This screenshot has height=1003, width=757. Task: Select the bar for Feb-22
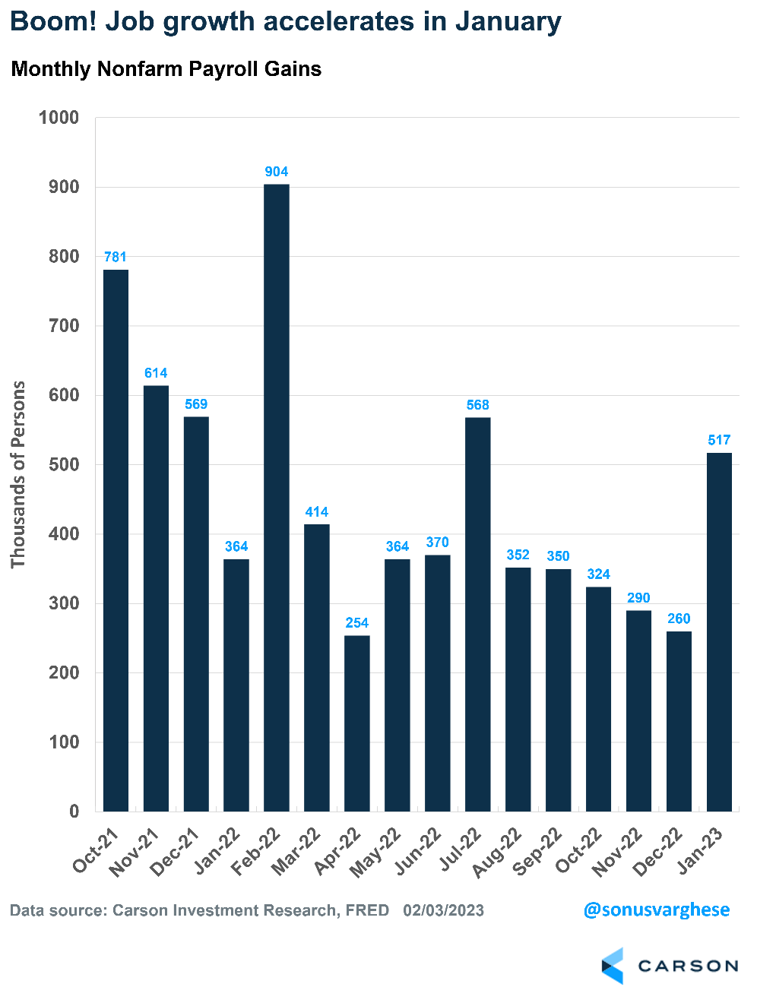[277, 498]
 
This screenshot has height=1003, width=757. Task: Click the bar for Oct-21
[116, 540]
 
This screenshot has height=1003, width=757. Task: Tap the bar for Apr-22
[357, 723]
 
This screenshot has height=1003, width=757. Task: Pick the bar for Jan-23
[719, 632]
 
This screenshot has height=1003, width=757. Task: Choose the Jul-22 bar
[477, 614]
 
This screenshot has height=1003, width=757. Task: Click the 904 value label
[277, 172]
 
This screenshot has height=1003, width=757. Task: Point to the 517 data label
[719, 440]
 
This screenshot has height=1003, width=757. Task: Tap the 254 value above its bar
[357, 623]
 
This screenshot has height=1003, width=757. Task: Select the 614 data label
[156, 373]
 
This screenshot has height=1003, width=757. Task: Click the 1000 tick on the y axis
[59, 118]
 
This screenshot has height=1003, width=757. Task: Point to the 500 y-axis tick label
[64, 465]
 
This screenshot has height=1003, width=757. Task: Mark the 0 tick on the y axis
[74, 812]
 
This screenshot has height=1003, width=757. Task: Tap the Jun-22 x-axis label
[419, 852]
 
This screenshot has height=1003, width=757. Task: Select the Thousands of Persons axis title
[18, 474]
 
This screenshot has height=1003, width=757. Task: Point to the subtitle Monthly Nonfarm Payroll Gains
[166, 69]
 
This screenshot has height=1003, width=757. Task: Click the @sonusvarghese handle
[656, 910]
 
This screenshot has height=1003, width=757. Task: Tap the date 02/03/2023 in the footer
[443, 910]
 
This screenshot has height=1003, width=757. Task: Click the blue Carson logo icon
[613, 966]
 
